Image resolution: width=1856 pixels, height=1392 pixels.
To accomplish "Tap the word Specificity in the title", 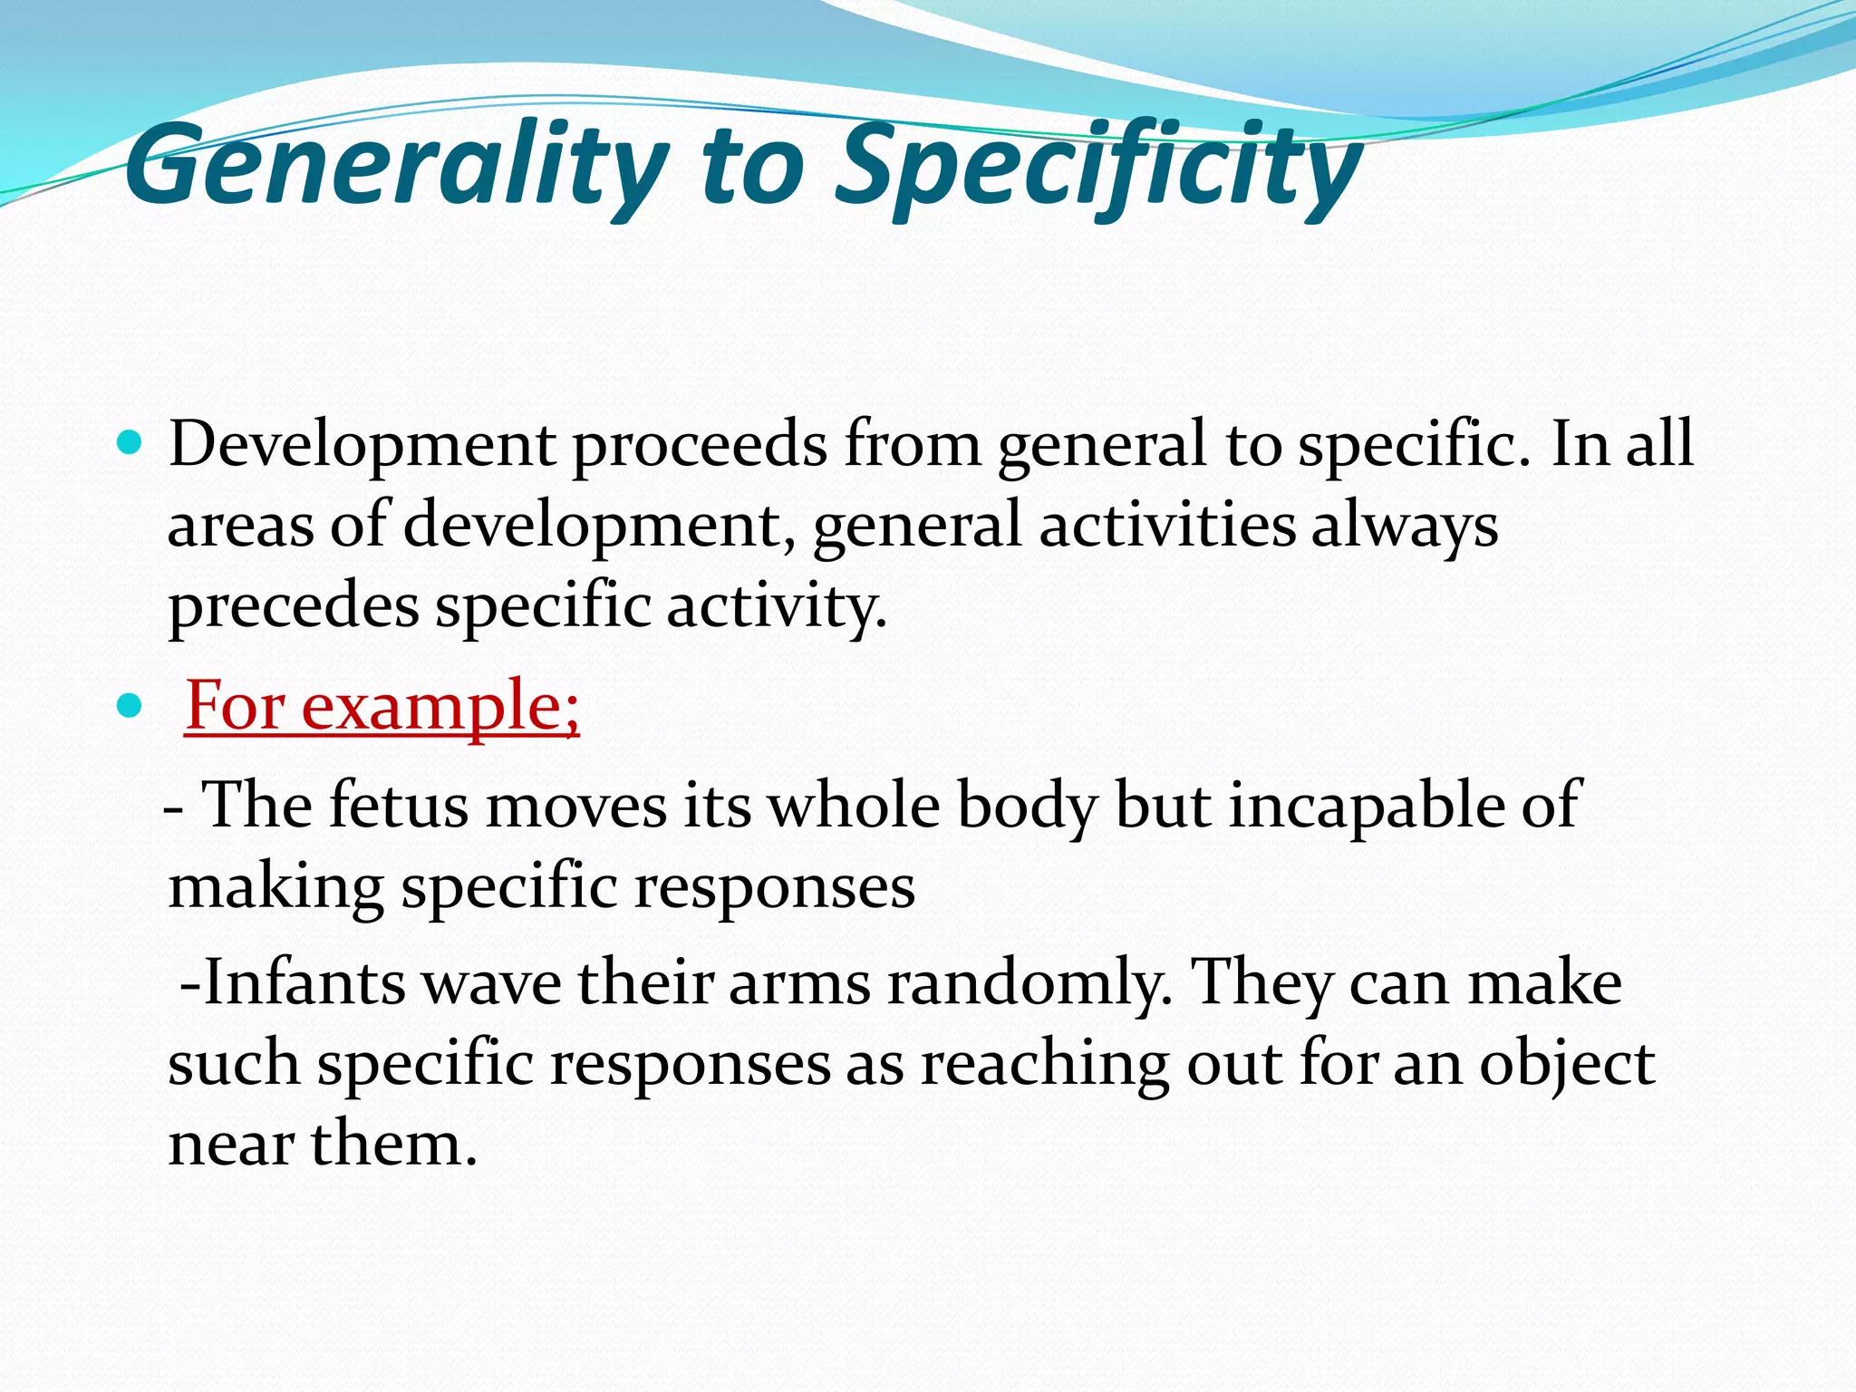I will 1097,168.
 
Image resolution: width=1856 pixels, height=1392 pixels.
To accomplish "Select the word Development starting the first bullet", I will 362,446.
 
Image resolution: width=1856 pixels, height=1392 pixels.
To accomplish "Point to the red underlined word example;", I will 440,707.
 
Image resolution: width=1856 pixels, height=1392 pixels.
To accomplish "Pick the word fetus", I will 398,805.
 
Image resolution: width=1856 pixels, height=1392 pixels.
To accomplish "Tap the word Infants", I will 304,983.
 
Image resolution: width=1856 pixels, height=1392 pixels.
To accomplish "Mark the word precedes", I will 294,605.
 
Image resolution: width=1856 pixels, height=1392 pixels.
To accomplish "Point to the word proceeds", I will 699,446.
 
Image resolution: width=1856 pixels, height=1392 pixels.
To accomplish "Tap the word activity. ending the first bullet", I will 777,605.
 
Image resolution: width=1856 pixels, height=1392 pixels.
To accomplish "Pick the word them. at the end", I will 393,1143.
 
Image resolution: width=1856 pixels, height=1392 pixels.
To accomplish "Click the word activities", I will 1166,526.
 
